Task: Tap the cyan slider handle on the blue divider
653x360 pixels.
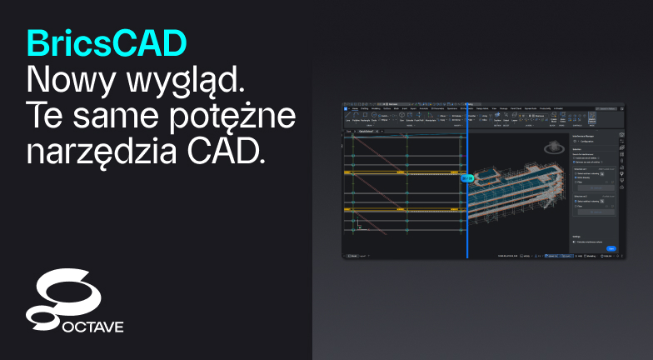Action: (x=467, y=177)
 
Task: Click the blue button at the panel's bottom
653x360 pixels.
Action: (x=611, y=247)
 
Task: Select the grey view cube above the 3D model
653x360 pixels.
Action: (x=551, y=148)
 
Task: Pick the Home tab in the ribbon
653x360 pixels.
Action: (x=355, y=108)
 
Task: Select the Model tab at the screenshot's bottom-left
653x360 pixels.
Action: (x=352, y=255)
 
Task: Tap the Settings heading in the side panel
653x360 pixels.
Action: (x=576, y=236)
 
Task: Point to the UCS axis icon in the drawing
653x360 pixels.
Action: (x=359, y=224)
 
